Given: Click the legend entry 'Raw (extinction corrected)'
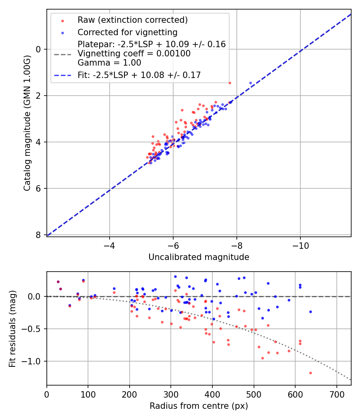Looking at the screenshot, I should click(x=132, y=20).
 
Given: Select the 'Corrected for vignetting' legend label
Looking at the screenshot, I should click(x=127, y=32).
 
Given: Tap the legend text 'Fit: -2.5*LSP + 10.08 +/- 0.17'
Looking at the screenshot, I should click(x=139, y=75).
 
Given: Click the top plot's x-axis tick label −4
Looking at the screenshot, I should click(x=109, y=245).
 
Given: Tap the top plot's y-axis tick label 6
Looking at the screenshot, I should click(x=39, y=188).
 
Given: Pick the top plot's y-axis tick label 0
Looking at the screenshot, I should click(x=39, y=49).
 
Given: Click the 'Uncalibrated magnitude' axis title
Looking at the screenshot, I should click(x=199, y=257).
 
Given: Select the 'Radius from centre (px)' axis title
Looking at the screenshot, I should click(x=199, y=406).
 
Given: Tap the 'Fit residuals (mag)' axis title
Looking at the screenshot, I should click(x=12, y=329).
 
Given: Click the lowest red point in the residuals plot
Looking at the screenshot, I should click(x=310, y=373).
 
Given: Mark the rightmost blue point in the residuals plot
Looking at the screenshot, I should click(x=310, y=312).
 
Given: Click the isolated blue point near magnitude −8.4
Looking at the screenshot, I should click(x=251, y=83).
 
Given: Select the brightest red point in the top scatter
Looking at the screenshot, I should click(x=230, y=83).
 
